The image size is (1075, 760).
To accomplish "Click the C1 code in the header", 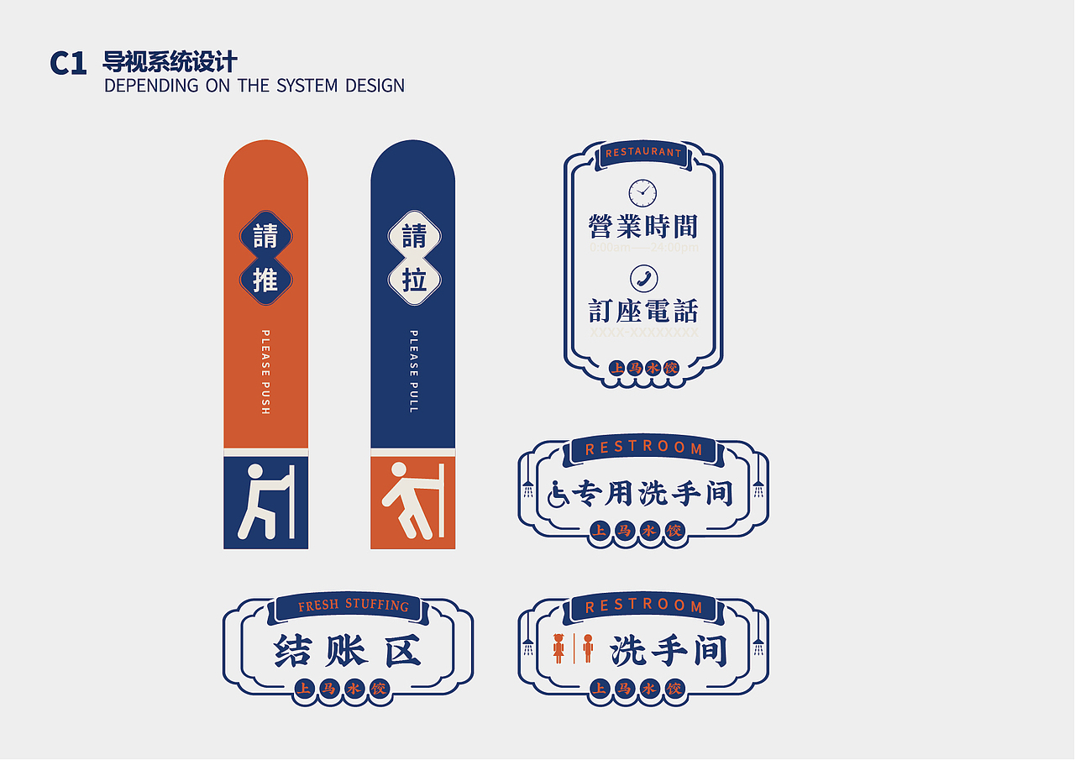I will click(68, 64).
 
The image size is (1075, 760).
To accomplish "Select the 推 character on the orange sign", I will click(265, 280).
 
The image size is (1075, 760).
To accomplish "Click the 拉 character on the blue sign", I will click(413, 280).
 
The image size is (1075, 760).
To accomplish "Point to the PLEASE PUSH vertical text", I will click(265, 372).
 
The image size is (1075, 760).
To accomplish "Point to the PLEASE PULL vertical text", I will click(413, 372).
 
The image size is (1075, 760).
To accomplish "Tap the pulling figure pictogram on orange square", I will click(412, 502).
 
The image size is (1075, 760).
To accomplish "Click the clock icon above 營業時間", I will click(642, 193).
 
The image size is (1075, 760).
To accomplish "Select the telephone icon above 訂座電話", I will click(643, 279).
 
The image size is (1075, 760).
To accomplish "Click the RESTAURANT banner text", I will click(643, 153).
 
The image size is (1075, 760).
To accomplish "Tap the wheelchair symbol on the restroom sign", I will click(558, 494).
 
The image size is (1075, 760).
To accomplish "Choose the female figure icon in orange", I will click(558, 648).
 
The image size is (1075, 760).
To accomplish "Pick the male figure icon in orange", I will click(588, 648).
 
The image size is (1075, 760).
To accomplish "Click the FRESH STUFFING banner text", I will click(354, 605).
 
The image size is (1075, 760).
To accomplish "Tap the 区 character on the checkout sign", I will click(403, 651).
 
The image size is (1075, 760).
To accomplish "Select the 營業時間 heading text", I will click(643, 226).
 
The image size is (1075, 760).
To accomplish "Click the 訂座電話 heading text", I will click(643, 312).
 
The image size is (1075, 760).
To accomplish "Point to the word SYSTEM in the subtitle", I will click(307, 86).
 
